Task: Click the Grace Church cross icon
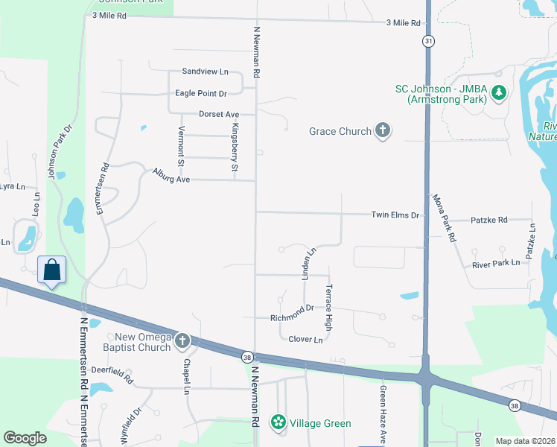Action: [x=382, y=131]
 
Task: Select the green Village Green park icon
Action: [x=278, y=422]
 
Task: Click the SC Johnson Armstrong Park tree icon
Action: [x=499, y=93]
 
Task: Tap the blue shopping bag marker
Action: [x=52, y=269]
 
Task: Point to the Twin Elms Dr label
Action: [x=395, y=215]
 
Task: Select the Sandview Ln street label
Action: [x=206, y=72]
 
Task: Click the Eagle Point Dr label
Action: [x=201, y=93]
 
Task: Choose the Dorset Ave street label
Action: [x=219, y=114]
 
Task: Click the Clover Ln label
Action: [x=305, y=340]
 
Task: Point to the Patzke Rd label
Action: [x=489, y=221]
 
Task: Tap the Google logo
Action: [x=25, y=438]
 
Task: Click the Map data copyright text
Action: [x=524, y=441]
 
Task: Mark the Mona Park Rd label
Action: [x=443, y=219]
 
